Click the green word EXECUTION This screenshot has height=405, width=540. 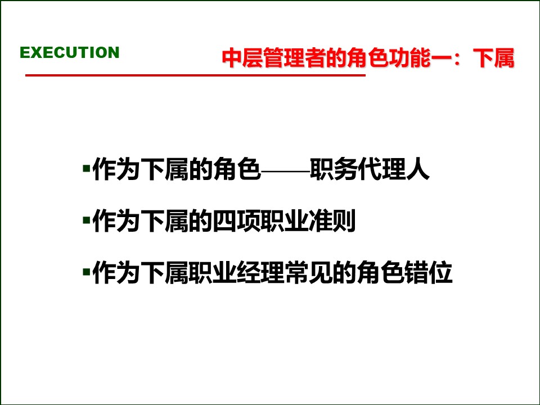(69, 53)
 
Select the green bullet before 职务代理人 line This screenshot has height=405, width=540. (86, 168)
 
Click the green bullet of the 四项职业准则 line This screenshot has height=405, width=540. (86, 220)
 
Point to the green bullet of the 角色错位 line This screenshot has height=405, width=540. (86, 272)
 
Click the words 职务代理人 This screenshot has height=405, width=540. (370, 170)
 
